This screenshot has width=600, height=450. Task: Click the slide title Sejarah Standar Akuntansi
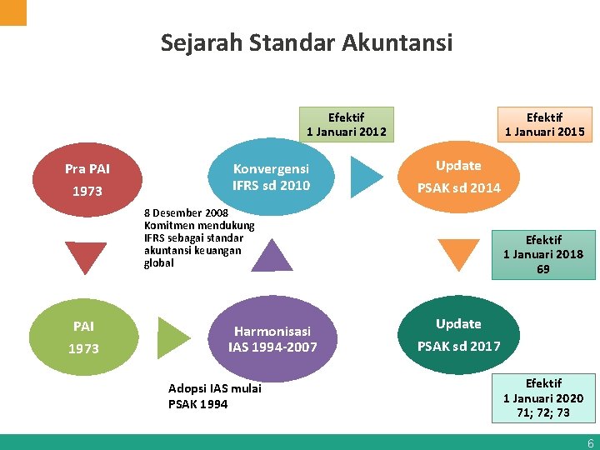(307, 42)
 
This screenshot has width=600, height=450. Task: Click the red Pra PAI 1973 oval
(87, 180)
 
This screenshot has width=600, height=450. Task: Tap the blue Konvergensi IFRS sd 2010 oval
(271, 177)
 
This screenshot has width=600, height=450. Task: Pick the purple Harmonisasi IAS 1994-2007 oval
(272, 337)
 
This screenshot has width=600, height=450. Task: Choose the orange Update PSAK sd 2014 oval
(459, 177)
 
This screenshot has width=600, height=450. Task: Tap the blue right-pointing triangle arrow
(366, 175)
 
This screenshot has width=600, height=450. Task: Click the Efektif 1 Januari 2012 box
(347, 124)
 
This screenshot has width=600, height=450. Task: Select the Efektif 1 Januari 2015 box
(544, 124)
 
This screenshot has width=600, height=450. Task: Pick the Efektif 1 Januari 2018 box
(543, 254)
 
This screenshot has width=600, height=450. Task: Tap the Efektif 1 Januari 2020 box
(543, 397)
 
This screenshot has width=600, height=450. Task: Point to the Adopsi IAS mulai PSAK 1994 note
(214, 396)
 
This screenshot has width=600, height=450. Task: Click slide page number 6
(590, 443)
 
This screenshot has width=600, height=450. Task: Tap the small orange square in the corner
(12, 12)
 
